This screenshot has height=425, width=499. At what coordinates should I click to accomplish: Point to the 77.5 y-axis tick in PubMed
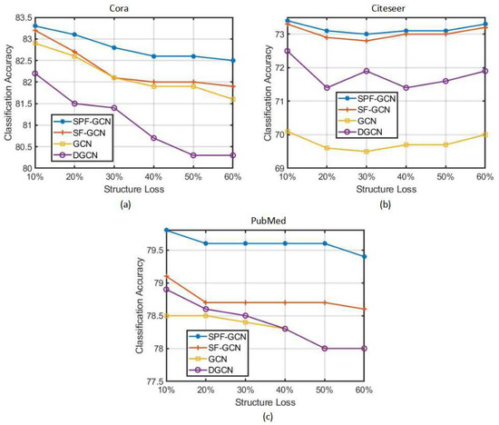click(142, 381)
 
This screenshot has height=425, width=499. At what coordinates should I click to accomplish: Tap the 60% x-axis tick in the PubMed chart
click(364, 390)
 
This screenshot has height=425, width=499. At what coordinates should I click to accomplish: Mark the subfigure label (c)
click(264, 418)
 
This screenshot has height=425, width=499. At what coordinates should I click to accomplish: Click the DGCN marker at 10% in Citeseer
click(287, 51)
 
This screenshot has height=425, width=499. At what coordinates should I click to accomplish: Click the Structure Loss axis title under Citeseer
click(386, 190)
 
